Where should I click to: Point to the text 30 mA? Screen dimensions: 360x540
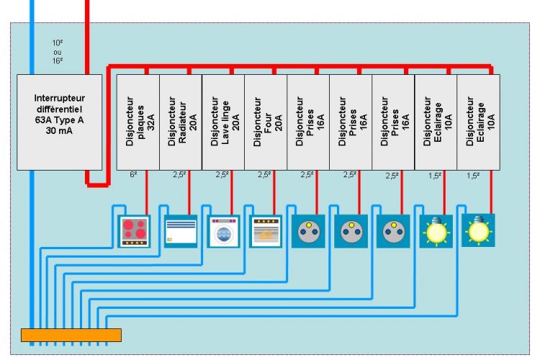point(50,132)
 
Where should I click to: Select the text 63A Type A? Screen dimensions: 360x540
point(50,121)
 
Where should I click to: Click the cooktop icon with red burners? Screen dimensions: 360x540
point(135,231)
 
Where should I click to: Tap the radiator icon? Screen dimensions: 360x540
point(180,231)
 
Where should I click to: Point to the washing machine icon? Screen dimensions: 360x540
point(223,231)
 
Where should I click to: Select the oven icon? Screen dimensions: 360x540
point(266,231)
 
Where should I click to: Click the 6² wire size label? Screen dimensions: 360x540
point(133,174)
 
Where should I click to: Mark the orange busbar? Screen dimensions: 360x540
point(71,335)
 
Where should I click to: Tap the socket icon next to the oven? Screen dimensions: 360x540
point(308,231)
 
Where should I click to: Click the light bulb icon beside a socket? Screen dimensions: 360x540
point(436,231)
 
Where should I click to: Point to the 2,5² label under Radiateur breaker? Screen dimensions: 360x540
point(179,174)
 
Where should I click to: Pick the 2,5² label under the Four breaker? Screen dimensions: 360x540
point(264,174)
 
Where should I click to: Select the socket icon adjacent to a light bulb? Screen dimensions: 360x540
point(393,231)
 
